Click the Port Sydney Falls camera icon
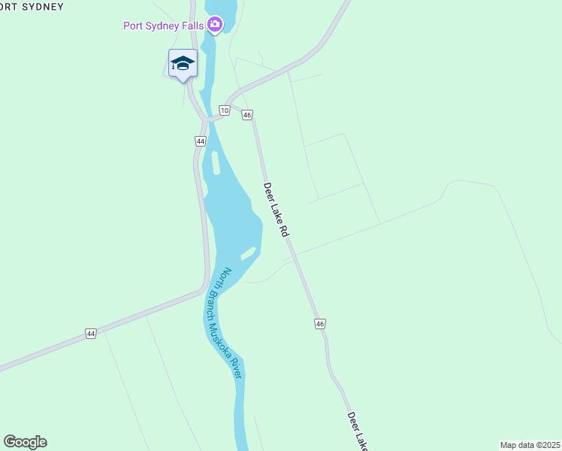pyautogui.click(x=216, y=26)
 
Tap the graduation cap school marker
pyautogui.click(x=183, y=63)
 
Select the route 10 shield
pyautogui.click(x=225, y=110)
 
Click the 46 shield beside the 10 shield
pyautogui.click(x=247, y=115)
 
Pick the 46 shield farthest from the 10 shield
pyautogui.click(x=320, y=323)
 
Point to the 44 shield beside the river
pyautogui.click(x=200, y=141)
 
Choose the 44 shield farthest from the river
pyautogui.click(x=91, y=333)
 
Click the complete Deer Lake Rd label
pyautogui.click(x=276, y=210)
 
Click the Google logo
pyautogui.click(x=25, y=442)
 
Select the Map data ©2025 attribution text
pyautogui.click(x=529, y=444)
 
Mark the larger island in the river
pyautogui.click(x=216, y=162)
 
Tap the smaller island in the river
pyautogui.click(x=248, y=253)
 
